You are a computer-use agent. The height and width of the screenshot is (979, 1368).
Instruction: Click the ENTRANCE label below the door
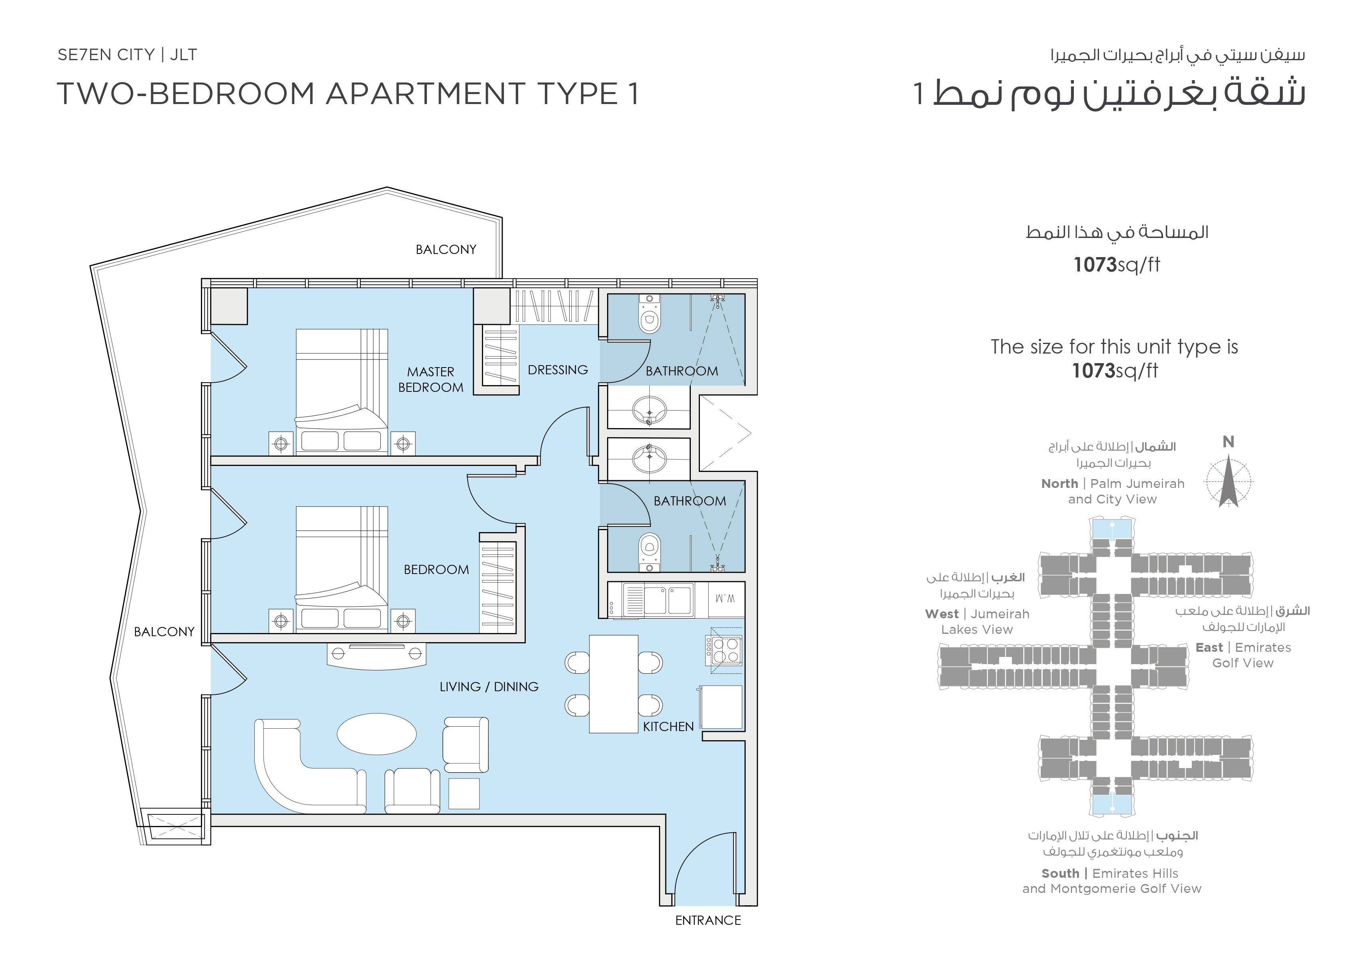708,920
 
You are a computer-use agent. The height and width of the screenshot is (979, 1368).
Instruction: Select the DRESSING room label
558,370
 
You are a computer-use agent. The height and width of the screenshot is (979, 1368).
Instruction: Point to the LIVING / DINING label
489,687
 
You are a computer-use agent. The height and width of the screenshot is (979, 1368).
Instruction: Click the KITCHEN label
668,726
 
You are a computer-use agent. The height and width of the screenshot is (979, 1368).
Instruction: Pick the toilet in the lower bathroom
649,552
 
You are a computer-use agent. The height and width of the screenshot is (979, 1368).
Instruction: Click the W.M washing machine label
725,599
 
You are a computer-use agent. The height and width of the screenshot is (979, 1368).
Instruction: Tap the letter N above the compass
1228,442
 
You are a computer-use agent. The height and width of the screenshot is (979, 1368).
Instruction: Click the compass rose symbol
1228,482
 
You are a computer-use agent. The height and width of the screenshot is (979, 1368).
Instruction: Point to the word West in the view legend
941,614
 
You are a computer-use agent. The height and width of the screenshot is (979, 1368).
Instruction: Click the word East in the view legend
1209,647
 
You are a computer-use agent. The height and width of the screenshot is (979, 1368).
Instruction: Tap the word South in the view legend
1060,873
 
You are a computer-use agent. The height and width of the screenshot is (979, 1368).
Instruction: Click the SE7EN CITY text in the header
106,55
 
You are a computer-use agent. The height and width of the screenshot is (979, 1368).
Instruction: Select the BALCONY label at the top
446,249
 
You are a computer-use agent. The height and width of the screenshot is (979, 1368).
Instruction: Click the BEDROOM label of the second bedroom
436,569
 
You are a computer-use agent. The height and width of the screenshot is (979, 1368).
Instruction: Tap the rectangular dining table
613,684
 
